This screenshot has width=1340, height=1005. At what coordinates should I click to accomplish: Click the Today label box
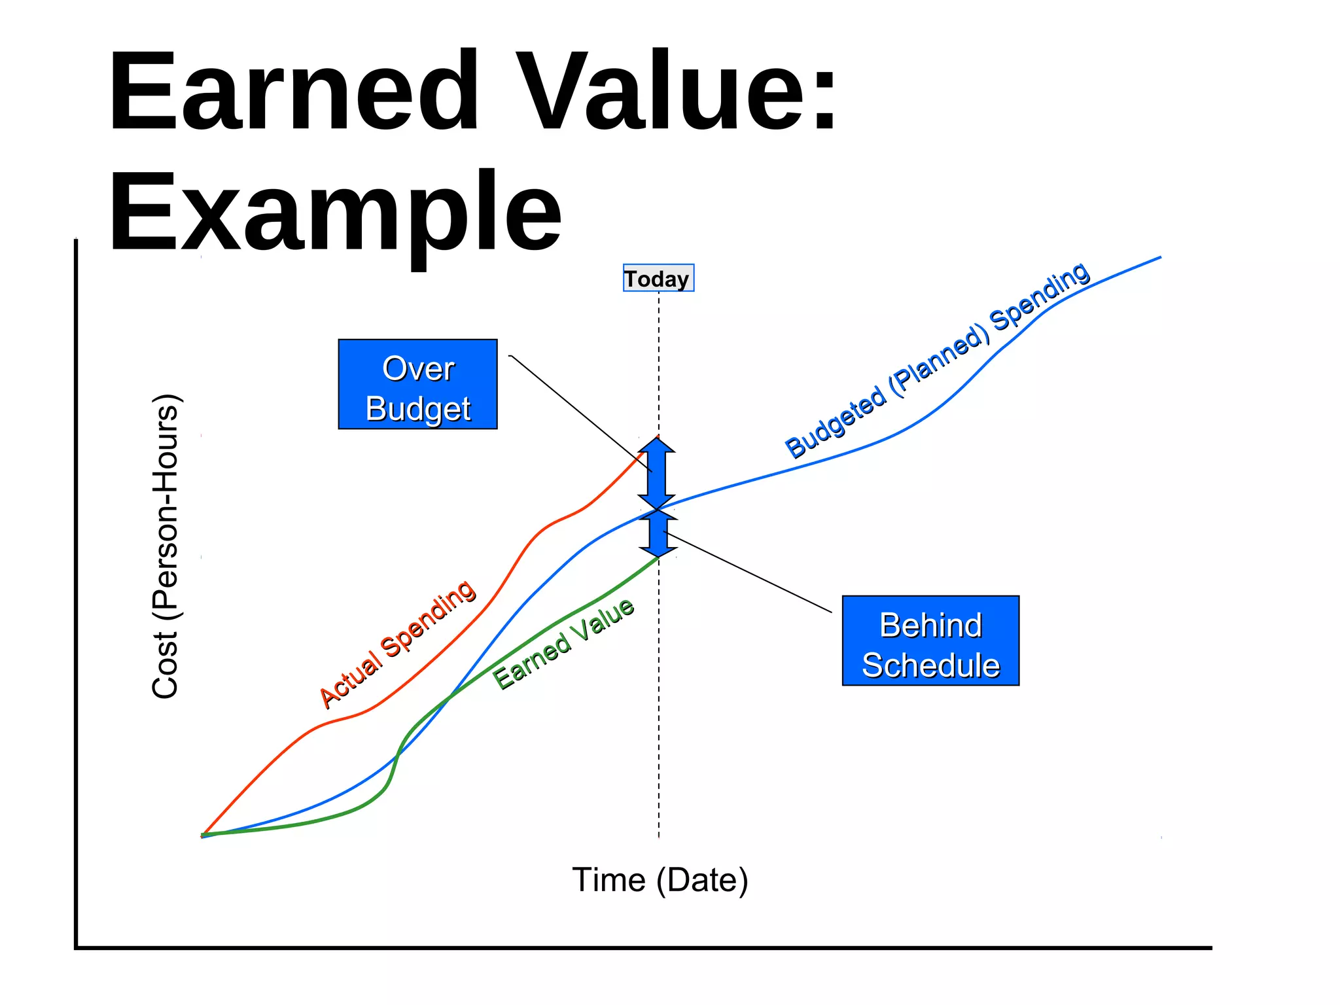658,278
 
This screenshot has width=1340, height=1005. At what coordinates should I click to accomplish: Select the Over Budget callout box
417,384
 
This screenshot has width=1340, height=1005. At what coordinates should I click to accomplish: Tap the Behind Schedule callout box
930,641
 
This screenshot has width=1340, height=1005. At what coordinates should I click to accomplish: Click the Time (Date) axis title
660,879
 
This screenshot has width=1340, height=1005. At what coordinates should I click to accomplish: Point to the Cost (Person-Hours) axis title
165,547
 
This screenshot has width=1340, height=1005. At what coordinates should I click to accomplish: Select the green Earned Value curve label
563,643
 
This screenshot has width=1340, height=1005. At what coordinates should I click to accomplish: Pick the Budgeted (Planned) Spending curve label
937,361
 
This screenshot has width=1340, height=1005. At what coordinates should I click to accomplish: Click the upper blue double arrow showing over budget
656,473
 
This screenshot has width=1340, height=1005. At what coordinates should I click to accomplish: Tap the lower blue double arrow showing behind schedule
658,533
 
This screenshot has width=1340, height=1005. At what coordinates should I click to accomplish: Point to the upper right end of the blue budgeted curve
1159,258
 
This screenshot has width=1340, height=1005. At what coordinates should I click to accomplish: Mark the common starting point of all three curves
203,836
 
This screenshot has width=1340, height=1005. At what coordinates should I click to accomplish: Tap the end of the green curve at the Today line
657,557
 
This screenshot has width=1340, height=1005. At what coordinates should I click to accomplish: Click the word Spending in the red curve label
429,618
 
